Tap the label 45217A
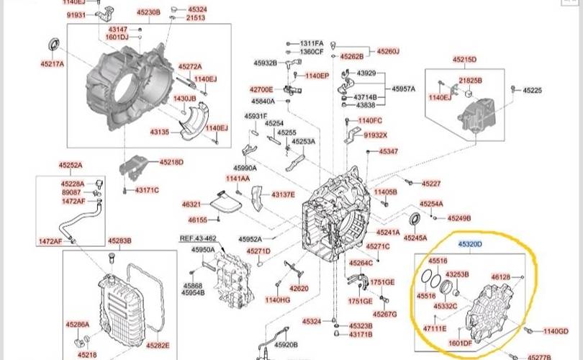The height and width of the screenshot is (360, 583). [x=53, y=64]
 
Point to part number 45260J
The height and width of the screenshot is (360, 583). [x=387, y=51]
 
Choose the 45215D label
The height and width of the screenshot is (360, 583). [x=464, y=59]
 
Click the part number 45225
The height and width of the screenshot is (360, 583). [x=532, y=90]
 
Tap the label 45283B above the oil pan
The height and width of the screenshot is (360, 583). [x=119, y=240]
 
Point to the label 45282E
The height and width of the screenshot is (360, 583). [x=158, y=345]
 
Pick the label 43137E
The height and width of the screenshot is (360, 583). [x=283, y=194]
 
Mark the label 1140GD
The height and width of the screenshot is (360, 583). [x=556, y=331]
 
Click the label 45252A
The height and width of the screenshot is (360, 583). [x=70, y=165]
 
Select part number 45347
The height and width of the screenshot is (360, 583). [x=389, y=152]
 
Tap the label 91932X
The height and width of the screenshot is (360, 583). [x=376, y=135]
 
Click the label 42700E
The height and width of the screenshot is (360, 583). [x=262, y=89]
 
